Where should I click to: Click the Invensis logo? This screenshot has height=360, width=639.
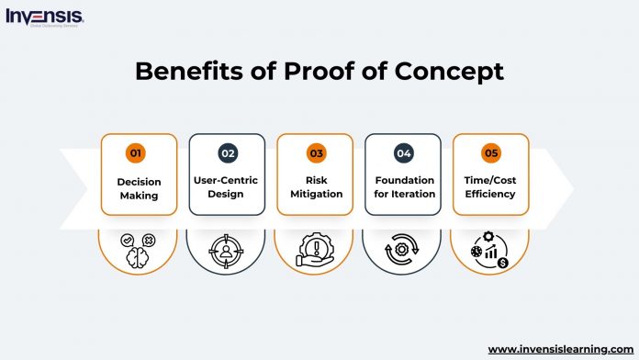44,17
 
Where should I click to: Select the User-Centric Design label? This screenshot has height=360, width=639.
227,187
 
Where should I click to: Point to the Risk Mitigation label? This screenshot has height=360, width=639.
315,187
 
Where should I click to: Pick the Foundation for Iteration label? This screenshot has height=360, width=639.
403,187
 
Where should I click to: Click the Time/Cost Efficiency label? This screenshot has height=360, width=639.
490,187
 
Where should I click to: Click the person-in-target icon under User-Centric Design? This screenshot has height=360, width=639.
227,250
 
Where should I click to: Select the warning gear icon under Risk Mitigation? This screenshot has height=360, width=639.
315,250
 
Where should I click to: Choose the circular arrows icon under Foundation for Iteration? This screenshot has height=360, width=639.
403,250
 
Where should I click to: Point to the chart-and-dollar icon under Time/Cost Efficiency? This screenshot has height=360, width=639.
490,250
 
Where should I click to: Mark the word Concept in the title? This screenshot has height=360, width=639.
449,71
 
